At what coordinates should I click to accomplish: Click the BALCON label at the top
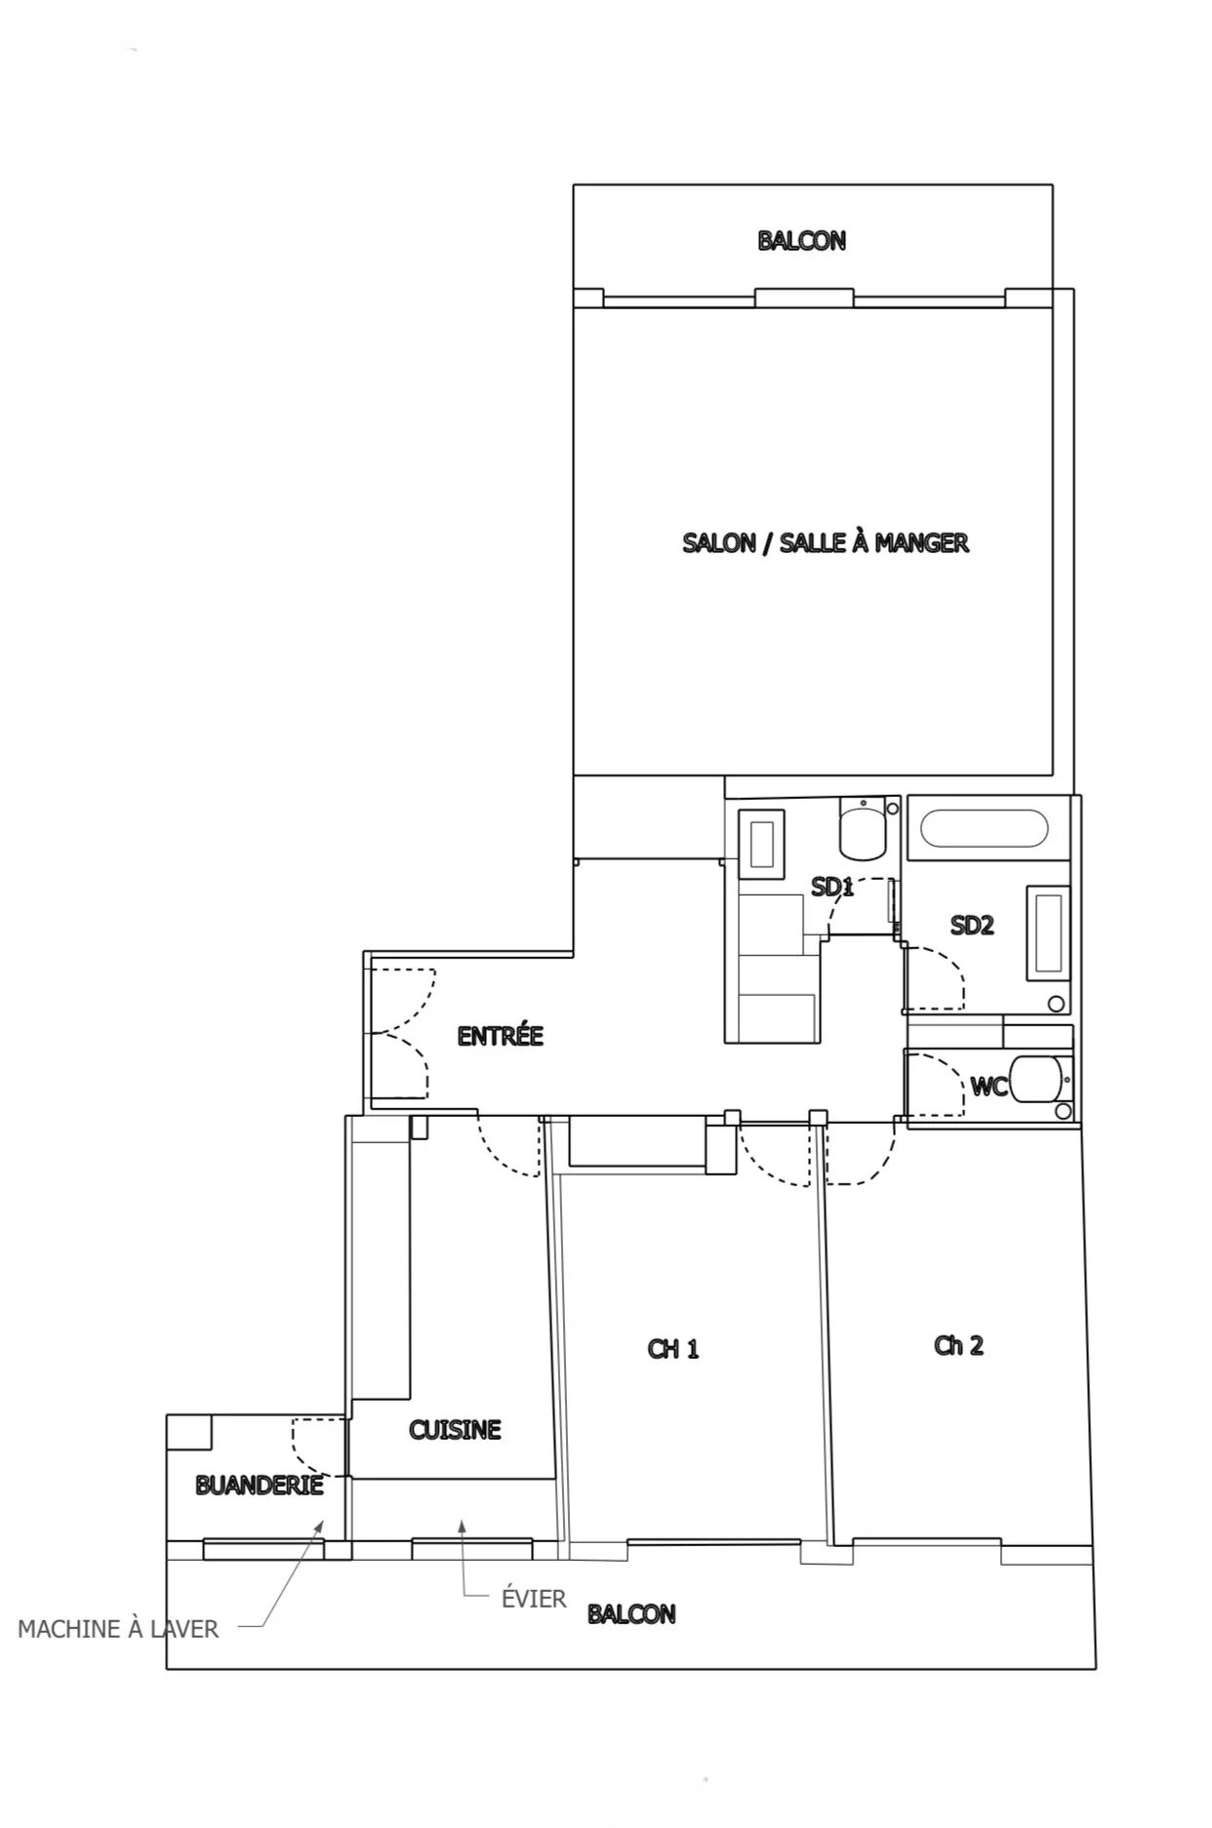(x=801, y=240)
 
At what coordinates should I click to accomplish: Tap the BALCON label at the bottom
(x=631, y=1613)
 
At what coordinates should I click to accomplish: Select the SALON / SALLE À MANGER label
(x=826, y=542)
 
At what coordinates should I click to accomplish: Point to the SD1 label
(x=832, y=887)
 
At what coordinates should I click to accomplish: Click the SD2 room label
(x=972, y=925)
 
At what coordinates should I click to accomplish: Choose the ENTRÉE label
(x=500, y=1035)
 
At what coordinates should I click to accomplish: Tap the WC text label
(x=989, y=1086)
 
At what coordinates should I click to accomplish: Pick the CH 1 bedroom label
(x=673, y=1349)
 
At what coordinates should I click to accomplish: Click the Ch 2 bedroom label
(x=958, y=1346)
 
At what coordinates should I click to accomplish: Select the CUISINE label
(x=455, y=1430)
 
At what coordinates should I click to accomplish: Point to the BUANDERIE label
(x=260, y=1486)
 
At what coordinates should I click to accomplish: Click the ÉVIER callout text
(x=534, y=1598)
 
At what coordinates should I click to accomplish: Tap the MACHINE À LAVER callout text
(x=118, y=1629)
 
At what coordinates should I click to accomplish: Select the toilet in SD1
(x=863, y=826)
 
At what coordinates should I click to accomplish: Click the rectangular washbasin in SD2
(x=1048, y=933)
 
